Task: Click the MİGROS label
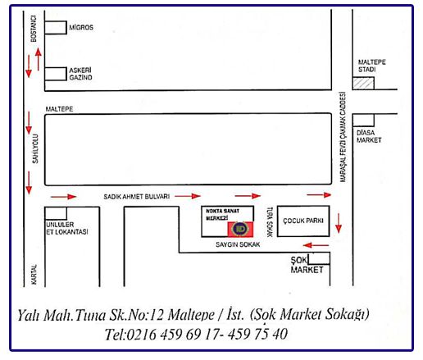pyautogui.click(x=81, y=27)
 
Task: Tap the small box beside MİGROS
pyautogui.click(x=56, y=28)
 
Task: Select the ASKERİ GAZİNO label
pyautogui.click(x=80, y=74)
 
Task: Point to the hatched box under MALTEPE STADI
pyautogui.click(x=363, y=83)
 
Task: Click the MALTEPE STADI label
pyautogui.click(x=371, y=66)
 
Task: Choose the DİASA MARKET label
pyautogui.click(x=369, y=136)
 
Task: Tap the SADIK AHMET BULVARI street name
pyautogui.click(x=137, y=197)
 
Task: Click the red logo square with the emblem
pyautogui.click(x=240, y=229)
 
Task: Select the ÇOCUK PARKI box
pyautogui.click(x=303, y=221)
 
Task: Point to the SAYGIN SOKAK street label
pyautogui.click(x=238, y=244)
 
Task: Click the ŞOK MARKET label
pyautogui.click(x=307, y=265)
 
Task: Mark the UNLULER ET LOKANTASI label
pyautogui.click(x=67, y=228)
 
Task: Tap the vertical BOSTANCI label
pyautogui.click(x=34, y=29)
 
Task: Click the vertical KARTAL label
pyautogui.click(x=34, y=274)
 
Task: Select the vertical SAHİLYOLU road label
pyautogui.click(x=35, y=148)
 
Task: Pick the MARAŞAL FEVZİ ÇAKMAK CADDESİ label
pyautogui.click(x=343, y=137)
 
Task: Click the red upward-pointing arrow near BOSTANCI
pyautogui.click(x=39, y=59)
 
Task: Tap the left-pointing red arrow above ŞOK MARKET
pyautogui.click(x=316, y=245)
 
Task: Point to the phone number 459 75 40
pyautogui.click(x=257, y=334)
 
